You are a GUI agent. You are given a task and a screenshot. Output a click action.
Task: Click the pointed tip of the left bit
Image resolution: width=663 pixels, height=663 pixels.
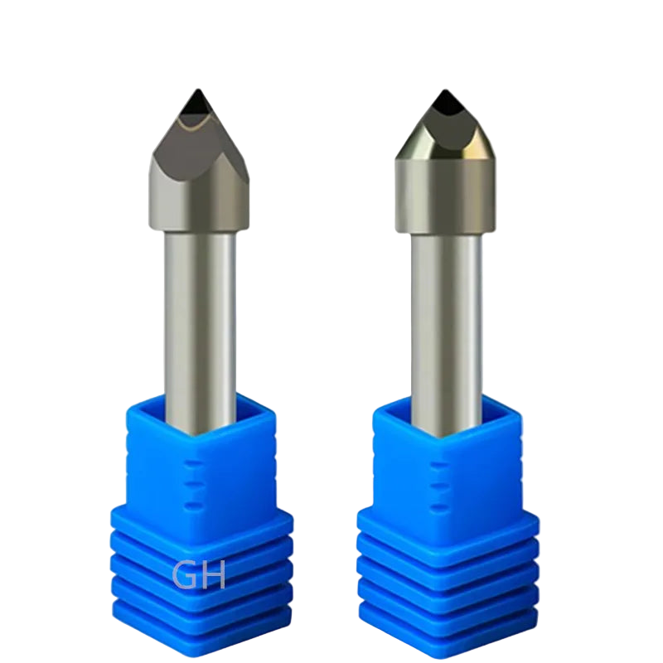tap(197, 90)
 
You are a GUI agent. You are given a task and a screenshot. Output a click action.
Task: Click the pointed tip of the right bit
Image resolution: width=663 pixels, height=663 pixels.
tap(444, 90)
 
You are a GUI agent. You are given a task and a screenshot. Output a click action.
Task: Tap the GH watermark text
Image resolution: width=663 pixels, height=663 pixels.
tap(199, 574)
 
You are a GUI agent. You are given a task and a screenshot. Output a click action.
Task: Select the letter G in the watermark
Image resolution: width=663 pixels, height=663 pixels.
tap(184, 574)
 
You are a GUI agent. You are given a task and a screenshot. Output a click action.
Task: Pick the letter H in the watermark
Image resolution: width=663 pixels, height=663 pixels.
tap(213, 574)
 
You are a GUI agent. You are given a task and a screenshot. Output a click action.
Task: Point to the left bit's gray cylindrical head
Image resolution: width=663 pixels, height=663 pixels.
tap(200, 199)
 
